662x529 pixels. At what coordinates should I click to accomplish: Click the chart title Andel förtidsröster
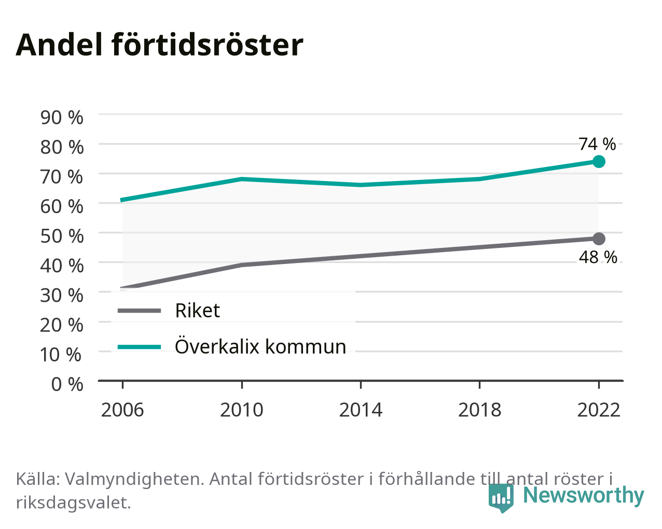[x=159, y=45]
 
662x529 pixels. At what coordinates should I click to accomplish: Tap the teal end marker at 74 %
[x=599, y=161]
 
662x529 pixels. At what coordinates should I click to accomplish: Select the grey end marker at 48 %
[x=599, y=239]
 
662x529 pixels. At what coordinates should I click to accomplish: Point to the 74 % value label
[x=597, y=144]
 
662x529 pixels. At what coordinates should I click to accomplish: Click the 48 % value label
[x=598, y=257]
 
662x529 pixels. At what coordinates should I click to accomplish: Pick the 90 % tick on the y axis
[x=62, y=117]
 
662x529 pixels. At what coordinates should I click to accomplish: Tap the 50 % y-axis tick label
[x=62, y=236]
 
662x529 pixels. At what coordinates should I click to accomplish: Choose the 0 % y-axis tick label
[x=67, y=384]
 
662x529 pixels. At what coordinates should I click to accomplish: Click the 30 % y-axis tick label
[x=62, y=295]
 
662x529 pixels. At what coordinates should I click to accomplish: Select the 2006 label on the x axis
[x=122, y=410]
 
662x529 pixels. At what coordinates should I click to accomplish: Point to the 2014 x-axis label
[x=361, y=410]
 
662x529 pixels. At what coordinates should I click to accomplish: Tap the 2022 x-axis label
[x=599, y=410]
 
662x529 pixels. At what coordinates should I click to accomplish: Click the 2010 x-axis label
[x=242, y=410]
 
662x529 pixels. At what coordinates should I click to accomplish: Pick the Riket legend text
[x=198, y=310]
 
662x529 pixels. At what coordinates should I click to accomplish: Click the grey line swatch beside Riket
[x=140, y=311]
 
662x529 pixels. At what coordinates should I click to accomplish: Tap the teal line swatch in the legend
[x=140, y=347]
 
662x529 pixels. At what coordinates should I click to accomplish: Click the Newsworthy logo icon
[x=501, y=497]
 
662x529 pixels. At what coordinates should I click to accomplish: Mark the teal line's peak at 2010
[x=242, y=179]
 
